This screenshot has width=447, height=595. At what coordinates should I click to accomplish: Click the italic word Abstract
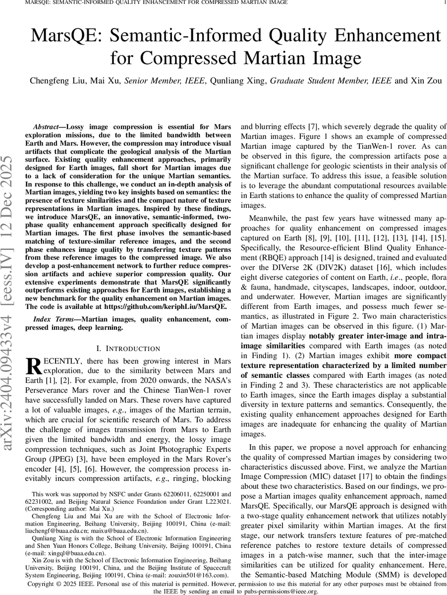pos(48,127)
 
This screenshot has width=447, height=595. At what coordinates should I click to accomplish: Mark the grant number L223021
pos(217,501)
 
